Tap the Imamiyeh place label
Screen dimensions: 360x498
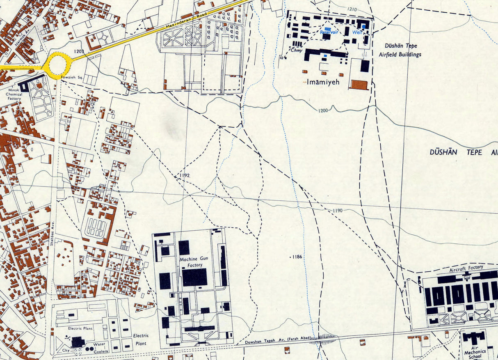(324, 82)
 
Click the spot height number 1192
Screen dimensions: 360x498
(185, 175)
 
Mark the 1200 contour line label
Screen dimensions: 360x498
(323, 110)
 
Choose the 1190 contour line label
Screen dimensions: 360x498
(338, 211)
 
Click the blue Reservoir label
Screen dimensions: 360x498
(329, 32)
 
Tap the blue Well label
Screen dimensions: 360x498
(357, 32)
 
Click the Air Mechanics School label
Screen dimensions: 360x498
(475, 351)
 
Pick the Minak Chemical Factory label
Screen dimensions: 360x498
(14, 94)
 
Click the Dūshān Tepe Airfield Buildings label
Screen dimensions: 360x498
(403, 50)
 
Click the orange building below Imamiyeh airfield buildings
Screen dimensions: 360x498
(359, 85)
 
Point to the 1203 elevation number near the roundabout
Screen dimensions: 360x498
(79, 51)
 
